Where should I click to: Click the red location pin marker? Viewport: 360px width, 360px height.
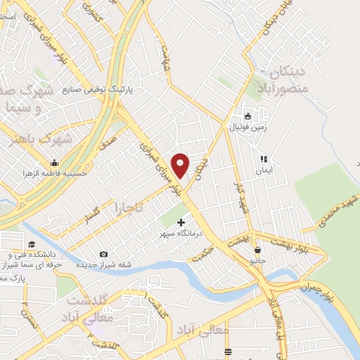(x=181, y=164)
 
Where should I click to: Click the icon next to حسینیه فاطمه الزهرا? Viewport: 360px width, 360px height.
(x=55, y=162)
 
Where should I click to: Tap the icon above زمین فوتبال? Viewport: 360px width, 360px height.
(x=247, y=115)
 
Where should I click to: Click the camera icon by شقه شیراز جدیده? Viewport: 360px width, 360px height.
(x=104, y=254)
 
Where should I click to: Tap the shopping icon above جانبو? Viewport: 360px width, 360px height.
(x=258, y=249)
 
